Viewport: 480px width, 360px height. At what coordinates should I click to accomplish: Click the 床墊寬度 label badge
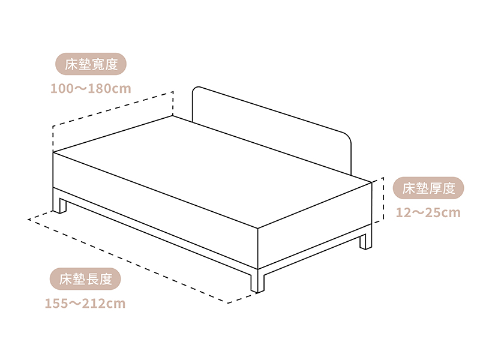91,64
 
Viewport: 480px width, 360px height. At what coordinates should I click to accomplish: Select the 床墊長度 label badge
86,278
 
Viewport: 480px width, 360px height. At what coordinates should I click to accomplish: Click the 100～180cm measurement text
91,89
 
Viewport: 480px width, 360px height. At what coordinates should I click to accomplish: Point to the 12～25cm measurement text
428,213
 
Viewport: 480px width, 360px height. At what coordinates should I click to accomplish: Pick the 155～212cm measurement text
85,303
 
